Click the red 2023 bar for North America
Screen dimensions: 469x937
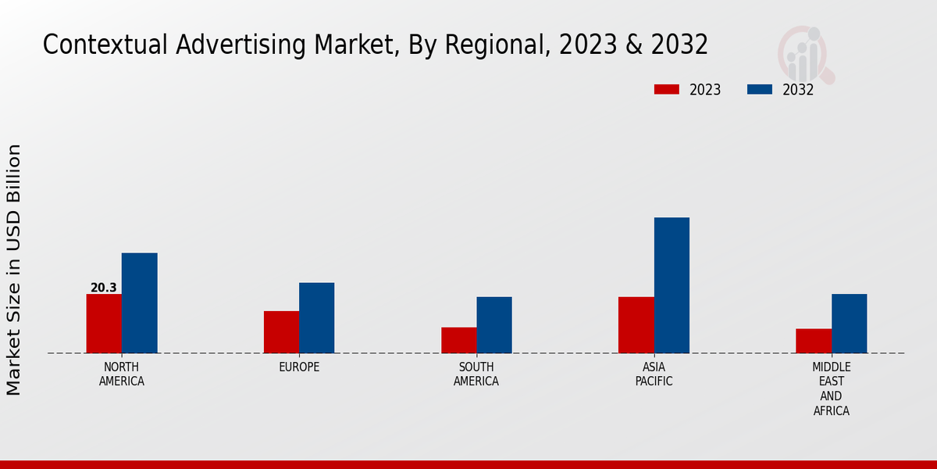click(x=104, y=324)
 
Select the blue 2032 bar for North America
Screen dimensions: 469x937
click(x=139, y=303)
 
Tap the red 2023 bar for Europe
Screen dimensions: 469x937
click(x=281, y=332)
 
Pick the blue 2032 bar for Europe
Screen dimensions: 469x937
click(x=316, y=318)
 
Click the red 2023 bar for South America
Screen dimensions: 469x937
click(x=458, y=340)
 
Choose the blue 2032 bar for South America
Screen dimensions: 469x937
click(x=494, y=325)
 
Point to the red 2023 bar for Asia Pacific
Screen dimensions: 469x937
click(x=636, y=325)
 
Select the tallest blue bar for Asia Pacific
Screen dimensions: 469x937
click(x=672, y=285)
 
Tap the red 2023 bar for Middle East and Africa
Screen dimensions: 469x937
click(x=814, y=341)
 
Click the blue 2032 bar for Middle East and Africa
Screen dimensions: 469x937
click(x=849, y=324)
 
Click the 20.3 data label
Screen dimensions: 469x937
click(x=103, y=288)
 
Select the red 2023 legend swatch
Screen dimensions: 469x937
click(x=666, y=90)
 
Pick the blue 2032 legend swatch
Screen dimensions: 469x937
click(x=759, y=90)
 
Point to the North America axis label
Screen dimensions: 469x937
click(x=121, y=374)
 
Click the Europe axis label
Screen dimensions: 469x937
click(x=299, y=367)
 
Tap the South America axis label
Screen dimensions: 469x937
click(x=476, y=374)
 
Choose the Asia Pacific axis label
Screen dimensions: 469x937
click(x=654, y=374)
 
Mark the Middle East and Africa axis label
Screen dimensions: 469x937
click(x=831, y=388)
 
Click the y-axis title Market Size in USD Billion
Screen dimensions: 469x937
click(x=14, y=270)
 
